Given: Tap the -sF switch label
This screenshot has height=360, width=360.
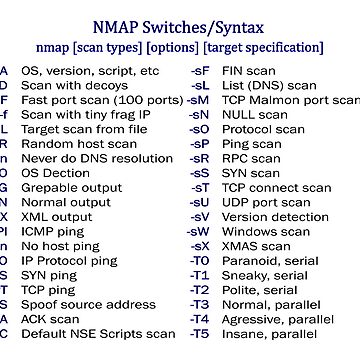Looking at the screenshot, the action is (x=200, y=71).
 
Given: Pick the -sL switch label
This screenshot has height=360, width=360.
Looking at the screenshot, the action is (x=200, y=86).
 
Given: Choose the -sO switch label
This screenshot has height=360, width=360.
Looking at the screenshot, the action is (x=200, y=130).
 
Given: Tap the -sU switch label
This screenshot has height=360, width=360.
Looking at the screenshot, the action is (x=200, y=202).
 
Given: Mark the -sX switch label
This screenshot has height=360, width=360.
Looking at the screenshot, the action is (x=200, y=245).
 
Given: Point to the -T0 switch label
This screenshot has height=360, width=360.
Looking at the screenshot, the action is (x=200, y=260).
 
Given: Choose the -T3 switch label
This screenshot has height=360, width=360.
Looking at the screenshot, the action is (x=200, y=303).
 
